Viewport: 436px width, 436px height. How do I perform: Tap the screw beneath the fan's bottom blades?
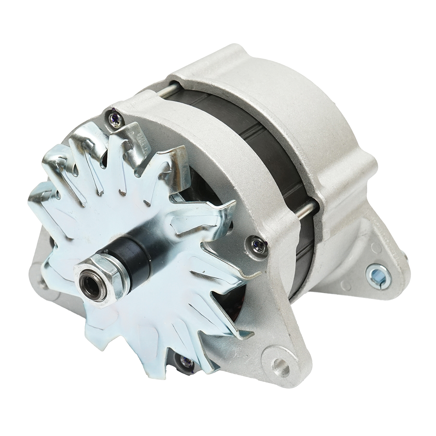tap(185, 361)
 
